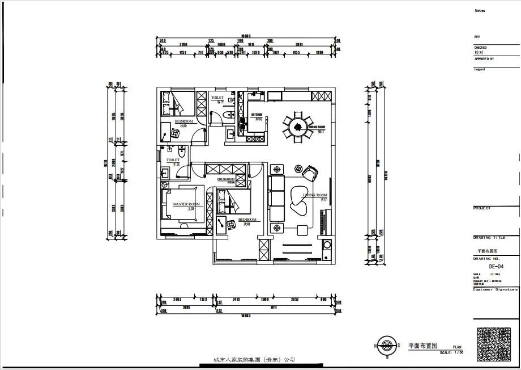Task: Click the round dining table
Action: tap(297, 127)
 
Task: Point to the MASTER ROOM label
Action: tap(186, 204)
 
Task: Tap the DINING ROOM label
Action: tap(317, 127)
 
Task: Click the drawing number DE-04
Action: tap(496, 266)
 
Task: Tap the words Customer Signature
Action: tap(496, 289)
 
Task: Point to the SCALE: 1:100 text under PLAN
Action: tap(451, 352)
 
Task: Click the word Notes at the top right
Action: tap(480, 11)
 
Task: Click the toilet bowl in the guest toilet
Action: tap(227, 116)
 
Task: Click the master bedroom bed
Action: tap(182, 203)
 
